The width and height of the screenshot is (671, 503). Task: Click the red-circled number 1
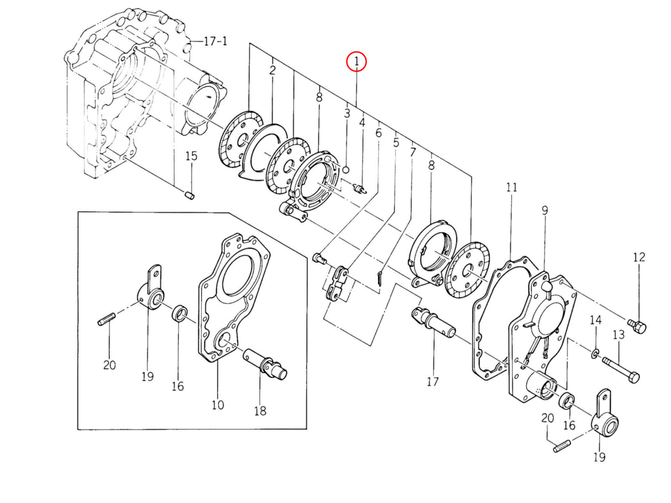[x=356, y=61]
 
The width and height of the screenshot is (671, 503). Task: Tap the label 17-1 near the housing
[x=215, y=41]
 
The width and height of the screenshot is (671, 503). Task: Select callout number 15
[x=191, y=156]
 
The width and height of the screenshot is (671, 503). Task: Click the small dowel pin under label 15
[x=190, y=195]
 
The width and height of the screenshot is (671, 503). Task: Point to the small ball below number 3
[x=346, y=169]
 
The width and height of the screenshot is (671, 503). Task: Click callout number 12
[x=639, y=257]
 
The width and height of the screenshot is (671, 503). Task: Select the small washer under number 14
[x=594, y=354]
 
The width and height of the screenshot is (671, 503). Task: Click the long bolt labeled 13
[x=621, y=370]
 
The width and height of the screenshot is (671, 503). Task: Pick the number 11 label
[x=512, y=187]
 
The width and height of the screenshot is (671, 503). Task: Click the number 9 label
[x=545, y=211]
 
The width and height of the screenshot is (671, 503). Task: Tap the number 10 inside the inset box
[x=218, y=405]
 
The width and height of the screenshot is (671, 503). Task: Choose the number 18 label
[x=260, y=411]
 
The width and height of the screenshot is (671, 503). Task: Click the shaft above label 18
[x=265, y=366]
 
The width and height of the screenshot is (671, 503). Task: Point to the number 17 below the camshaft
[x=433, y=382]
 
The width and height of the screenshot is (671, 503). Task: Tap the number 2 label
[x=272, y=70]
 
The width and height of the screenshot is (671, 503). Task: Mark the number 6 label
[x=379, y=133]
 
